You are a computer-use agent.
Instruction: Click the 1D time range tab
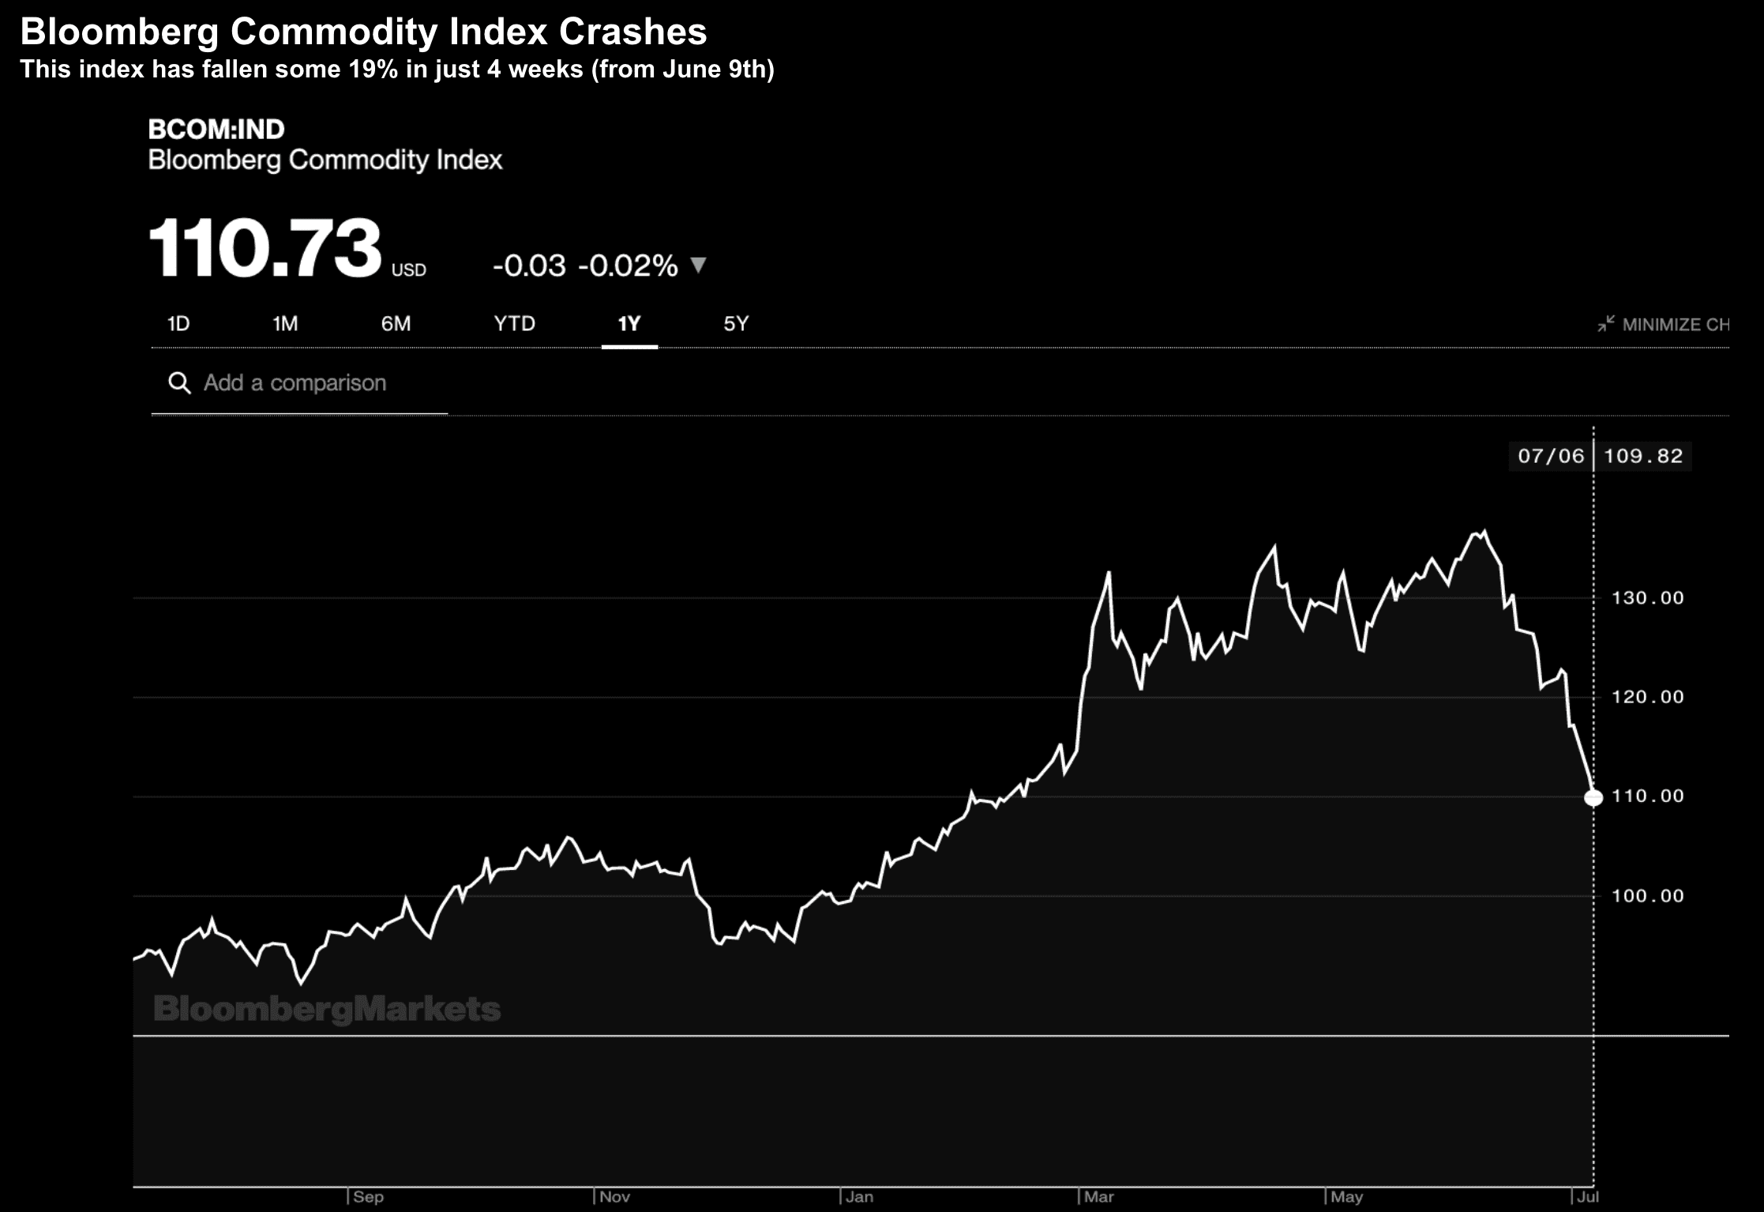(x=178, y=324)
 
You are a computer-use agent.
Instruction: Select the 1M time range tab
(x=285, y=324)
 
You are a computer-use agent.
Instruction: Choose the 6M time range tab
(x=396, y=324)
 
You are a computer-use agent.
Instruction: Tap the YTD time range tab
(x=514, y=324)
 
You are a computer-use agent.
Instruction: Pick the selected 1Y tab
(x=629, y=324)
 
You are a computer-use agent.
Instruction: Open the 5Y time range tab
(x=736, y=324)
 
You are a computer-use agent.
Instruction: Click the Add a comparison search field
(x=295, y=383)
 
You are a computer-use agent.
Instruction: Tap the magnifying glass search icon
(x=179, y=383)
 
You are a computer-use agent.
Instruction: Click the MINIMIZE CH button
(x=1665, y=325)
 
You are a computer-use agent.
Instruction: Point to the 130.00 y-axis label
(x=1647, y=598)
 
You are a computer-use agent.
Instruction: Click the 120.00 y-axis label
(x=1647, y=697)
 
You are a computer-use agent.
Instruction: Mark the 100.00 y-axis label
(x=1647, y=896)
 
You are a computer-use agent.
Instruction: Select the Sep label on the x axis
(x=368, y=1197)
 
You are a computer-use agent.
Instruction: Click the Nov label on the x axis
(x=614, y=1197)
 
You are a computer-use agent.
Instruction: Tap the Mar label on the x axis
(x=1098, y=1197)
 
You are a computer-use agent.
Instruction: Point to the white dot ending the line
(x=1593, y=798)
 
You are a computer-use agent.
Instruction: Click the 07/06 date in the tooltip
(x=1551, y=456)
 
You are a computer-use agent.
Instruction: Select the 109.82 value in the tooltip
(x=1643, y=456)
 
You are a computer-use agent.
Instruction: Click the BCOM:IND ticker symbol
(x=216, y=130)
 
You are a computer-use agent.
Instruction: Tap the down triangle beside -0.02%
(x=698, y=265)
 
